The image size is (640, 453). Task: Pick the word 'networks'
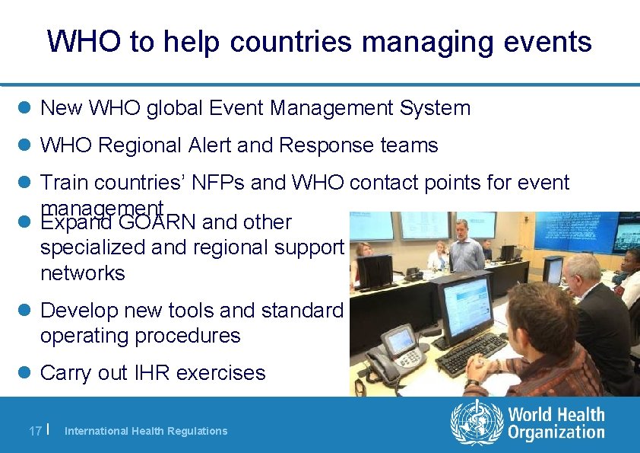(x=82, y=273)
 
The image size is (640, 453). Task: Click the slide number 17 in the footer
(x=34, y=431)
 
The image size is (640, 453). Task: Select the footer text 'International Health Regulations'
(x=146, y=431)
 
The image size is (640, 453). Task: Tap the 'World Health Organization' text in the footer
(x=556, y=424)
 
